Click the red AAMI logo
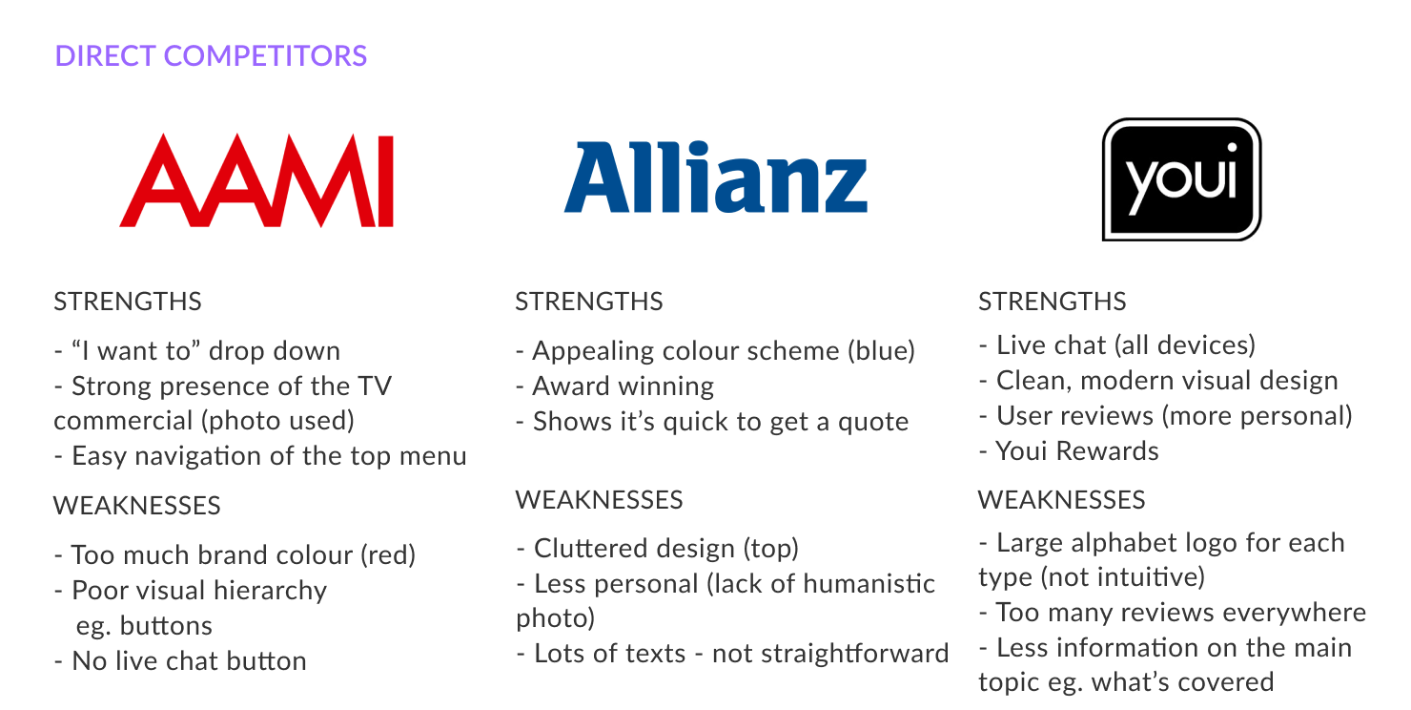(256, 180)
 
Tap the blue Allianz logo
(716, 177)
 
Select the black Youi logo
(1182, 179)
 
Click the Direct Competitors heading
(211, 55)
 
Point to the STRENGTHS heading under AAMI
(128, 302)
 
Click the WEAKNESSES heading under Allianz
(599, 500)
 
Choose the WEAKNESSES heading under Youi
(1061, 500)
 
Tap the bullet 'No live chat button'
(181, 660)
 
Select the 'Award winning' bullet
(615, 386)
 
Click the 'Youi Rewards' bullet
(1070, 450)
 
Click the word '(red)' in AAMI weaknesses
(388, 555)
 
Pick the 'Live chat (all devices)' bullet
(1117, 345)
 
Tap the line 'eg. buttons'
(144, 626)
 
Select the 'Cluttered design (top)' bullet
(658, 549)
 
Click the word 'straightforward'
(830, 654)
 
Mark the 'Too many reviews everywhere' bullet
(1173, 613)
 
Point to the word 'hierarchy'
(270, 591)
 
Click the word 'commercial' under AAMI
(124, 421)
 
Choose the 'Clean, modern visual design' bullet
(1159, 381)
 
